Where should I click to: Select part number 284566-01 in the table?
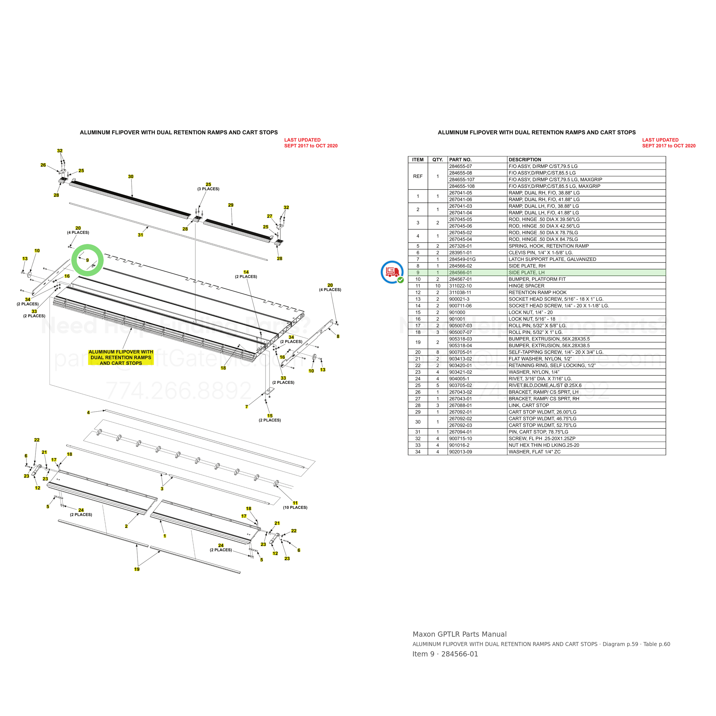pyautogui.click(x=460, y=273)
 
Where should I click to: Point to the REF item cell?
pyautogui.click(x=418, y=176)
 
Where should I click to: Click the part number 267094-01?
pyautogui.click(x=460, y=432)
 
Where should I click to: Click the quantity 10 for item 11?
pyautogui.click(x=438, y=286)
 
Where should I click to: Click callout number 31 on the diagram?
pyautogui.click(x=140, y=235)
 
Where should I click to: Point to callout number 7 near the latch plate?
pyautogui.click(x=247, y=407)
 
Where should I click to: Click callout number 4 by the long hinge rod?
pyautogui.click(x=88, y=412)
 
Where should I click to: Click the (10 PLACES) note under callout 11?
pyautogui.click(x=295, y=507)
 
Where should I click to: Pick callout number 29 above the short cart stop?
pyautogui.click(x=231, y=205)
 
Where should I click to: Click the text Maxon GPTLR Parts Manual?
pyautogui.click(x=460, y=634)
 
